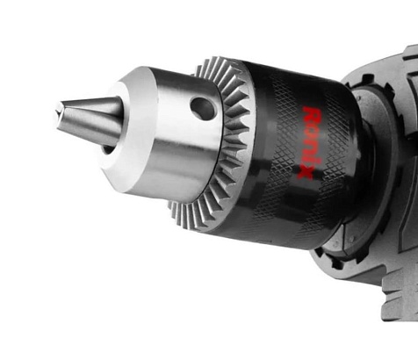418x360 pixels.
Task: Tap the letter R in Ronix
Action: click(x=312, y=116)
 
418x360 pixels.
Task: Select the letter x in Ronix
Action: click(x=305, y=172)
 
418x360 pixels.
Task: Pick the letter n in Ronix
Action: click(x=309, y=148)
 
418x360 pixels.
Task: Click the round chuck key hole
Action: click(x=204, y=108)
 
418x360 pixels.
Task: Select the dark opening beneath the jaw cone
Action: click(x=108, y=149)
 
